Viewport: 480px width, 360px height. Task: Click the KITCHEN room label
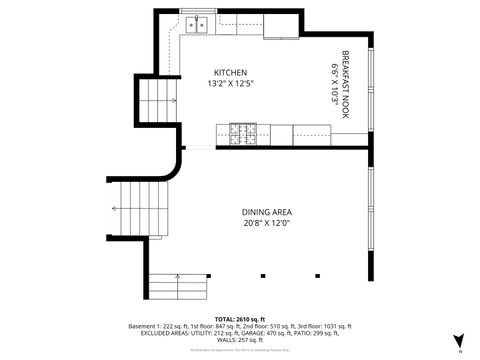tap(230, 73)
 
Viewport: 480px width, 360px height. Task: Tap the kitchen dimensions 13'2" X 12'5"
tap(230, 84)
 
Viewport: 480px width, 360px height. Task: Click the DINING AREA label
tap(266, 212)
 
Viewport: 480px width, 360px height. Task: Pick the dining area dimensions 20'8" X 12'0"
tap(266, 224)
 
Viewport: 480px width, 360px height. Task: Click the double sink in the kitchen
tap(198, 23)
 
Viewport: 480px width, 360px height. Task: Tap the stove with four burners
tap(242, 132)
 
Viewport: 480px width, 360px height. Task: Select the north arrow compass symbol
tap(459, 341)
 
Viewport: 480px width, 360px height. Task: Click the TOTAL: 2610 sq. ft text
tap(240, 317)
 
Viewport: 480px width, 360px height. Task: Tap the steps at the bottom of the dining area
tap(178, 286)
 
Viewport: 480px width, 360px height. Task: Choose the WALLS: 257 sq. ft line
tap(240, 342)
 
